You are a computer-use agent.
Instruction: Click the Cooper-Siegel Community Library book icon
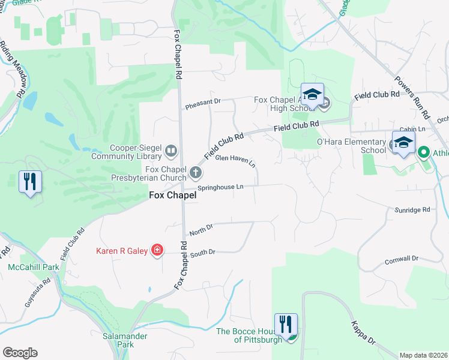[171, 151]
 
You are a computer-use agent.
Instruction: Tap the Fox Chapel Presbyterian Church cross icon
[195, 173]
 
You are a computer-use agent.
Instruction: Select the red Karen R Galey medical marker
[157, 250]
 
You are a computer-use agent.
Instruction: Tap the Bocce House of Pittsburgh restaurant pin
[286, 325]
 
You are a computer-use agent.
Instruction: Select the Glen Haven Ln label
[235, 160]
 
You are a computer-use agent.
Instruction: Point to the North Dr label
[201, 229]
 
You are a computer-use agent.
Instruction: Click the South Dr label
[202, 253]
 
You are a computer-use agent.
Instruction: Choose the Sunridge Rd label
[412, 210]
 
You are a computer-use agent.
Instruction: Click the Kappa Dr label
[364, 334]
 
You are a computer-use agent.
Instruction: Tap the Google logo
[20, 352]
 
